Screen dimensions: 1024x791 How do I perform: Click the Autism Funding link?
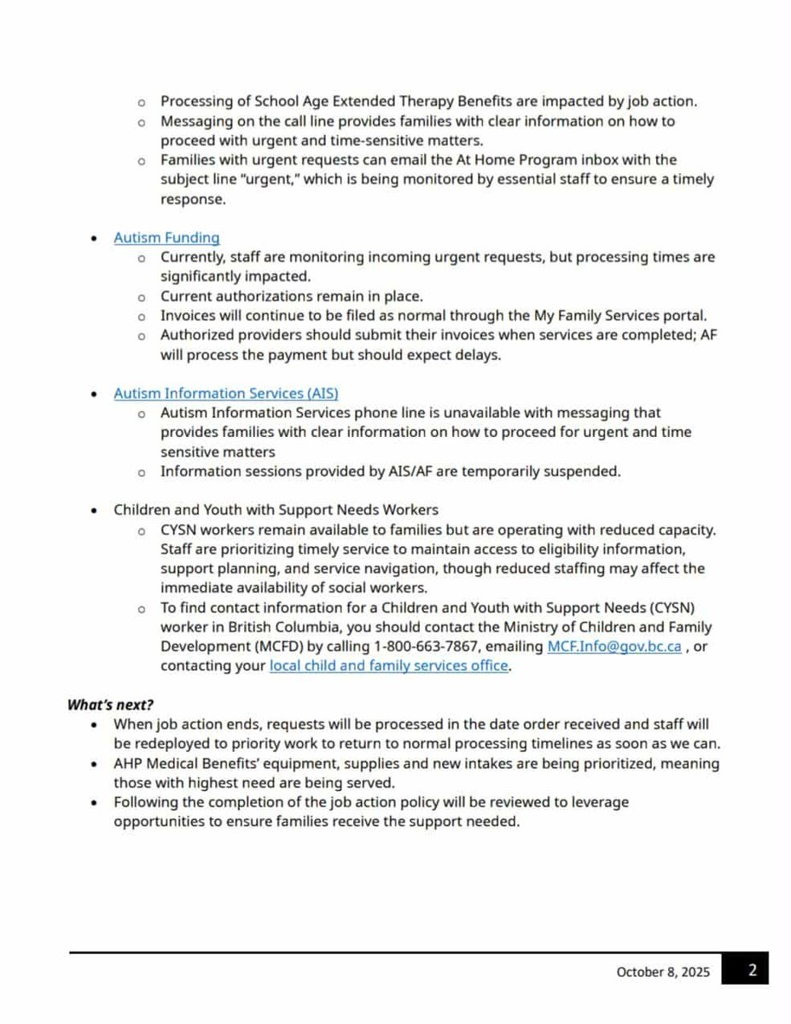166,238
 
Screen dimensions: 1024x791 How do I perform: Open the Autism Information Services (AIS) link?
226,393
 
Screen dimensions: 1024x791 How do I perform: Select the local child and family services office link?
389,666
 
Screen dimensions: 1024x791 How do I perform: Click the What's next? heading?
110,705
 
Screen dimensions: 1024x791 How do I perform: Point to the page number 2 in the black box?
753,970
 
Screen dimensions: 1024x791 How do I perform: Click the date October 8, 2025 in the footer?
663,971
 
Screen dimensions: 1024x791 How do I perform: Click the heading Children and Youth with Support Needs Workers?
276,509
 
